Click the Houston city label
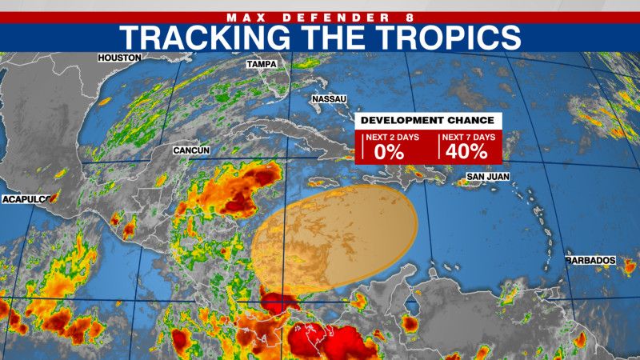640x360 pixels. coord(119,58)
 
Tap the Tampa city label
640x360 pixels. coord(262,64)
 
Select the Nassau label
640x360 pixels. coord(328,99)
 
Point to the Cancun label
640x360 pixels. coord(191,150)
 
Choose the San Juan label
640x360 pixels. coord(487,176)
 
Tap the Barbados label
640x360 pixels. coord(590,261)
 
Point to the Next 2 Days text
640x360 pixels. coord(388,137)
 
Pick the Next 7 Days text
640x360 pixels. coord(468,137)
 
